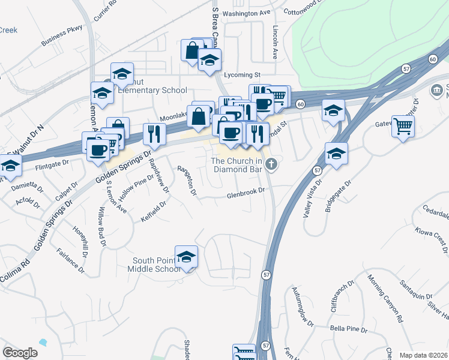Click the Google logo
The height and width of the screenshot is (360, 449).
click(x=20, y=353)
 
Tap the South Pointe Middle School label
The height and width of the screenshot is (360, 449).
click(x=156, y=265)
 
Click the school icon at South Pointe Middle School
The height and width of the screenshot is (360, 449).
click(x=186, y=257)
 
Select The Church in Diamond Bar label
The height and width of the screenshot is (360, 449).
click(x=238, y=164)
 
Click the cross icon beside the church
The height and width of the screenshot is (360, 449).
click(x=271, y=164)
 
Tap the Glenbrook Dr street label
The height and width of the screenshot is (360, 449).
click(x=246, y=193)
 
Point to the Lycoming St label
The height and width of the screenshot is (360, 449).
click(x=241, y=75)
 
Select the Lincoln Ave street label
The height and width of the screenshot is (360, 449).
click(x=275, y=42)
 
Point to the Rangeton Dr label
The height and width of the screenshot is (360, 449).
click(x=187, y=181)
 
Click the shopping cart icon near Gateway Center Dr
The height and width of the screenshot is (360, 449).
click(x=403, y=126)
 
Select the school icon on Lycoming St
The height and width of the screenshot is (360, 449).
click(x=209, y=61)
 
